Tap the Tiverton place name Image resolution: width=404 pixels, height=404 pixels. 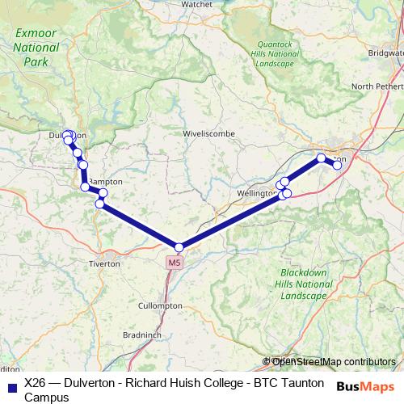click(106, 264)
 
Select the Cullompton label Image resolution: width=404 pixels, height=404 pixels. click(160, 306)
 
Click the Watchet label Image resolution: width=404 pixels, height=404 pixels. click(197, 4)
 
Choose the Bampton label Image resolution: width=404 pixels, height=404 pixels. click(107, 183)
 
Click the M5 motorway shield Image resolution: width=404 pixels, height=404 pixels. click(175, 263)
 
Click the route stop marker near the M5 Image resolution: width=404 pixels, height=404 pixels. click(179, 247)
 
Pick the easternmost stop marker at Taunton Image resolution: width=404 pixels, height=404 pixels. click(337, 166)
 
